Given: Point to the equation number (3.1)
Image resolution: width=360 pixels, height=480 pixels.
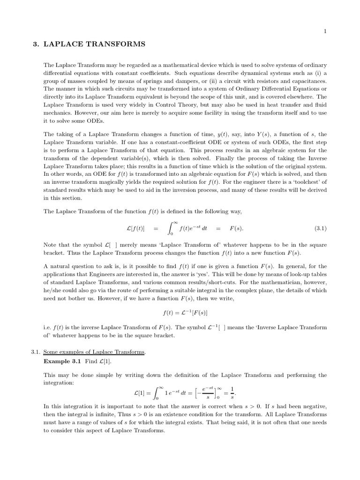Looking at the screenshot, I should [x=320, y=229].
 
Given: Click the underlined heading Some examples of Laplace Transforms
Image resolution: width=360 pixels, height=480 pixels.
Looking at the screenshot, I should [x=93, y=352].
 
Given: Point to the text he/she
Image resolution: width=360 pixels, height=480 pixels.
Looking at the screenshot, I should [x=52, y=291].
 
